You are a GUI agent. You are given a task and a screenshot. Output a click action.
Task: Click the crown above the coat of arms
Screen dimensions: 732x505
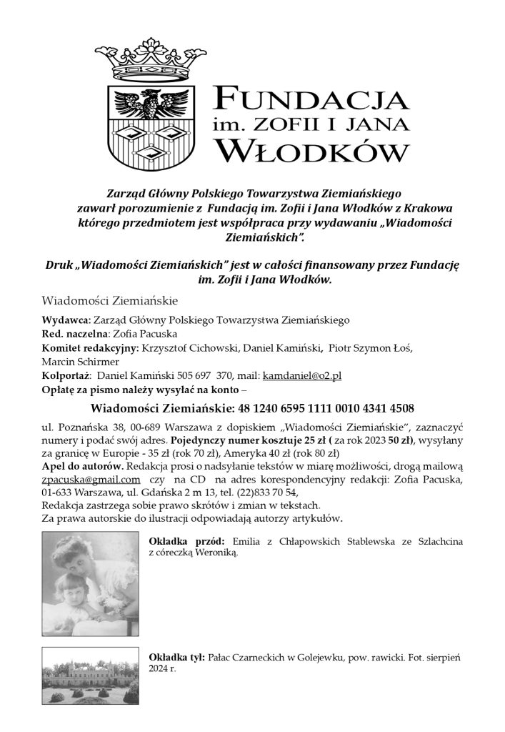[150, 60]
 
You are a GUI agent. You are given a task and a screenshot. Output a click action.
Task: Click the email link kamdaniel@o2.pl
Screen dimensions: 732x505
[302, 375]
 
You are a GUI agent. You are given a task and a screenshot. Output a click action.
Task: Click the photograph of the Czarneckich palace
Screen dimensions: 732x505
[90, 676]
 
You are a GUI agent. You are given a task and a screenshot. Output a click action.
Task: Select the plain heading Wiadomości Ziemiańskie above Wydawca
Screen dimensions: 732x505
[109, 300]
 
